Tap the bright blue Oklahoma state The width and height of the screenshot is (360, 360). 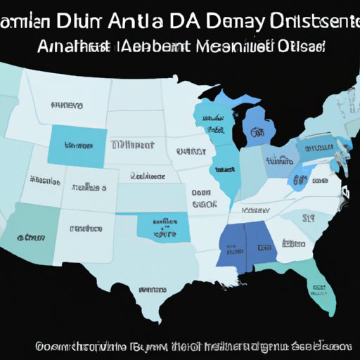pos(160,224)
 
